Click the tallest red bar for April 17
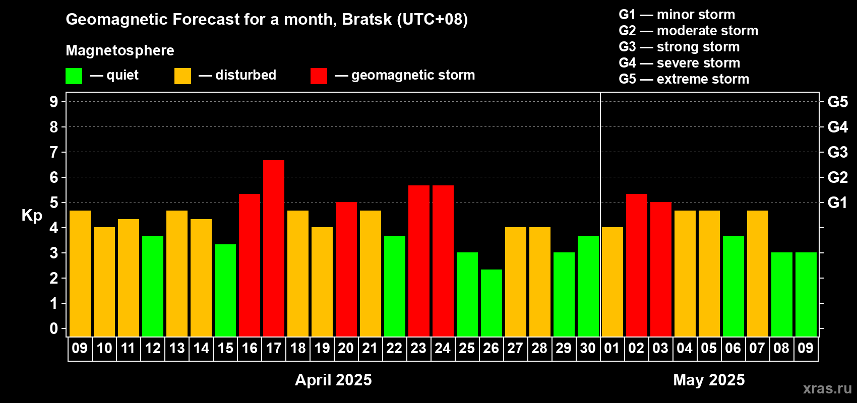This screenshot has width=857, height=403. (x=274, y=248)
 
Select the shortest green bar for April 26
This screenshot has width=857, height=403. (x=492, y=303)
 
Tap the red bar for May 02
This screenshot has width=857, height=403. (x=637, y=265)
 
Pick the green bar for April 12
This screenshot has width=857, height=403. (x=153, y=286)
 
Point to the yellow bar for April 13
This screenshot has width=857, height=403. (x=177, y=274)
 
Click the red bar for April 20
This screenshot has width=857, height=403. (x=346, y=269)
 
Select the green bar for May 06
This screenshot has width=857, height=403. (x=733, y=286)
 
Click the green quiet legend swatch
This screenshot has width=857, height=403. (x=74, y=76)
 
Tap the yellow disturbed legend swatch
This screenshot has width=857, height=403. (x=182, y=76)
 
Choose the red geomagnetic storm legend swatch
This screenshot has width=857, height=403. (x=319, y=76)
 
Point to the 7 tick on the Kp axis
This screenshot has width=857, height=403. (x=53, y=152)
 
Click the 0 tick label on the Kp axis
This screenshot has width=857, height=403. (x=53, y=328)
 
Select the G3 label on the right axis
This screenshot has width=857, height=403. (x=838, y=152)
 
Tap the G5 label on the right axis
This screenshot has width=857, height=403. (x=838, y=102)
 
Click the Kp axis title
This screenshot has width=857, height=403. (x=32, y=215)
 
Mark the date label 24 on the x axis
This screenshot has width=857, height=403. (x=443, y=348)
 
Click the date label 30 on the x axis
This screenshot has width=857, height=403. (x=588, y=348)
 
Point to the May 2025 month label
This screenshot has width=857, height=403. (x=709, y=380)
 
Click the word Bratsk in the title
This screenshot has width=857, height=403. (x=367, y=20)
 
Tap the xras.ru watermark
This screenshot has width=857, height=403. (x=828, y=388)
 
